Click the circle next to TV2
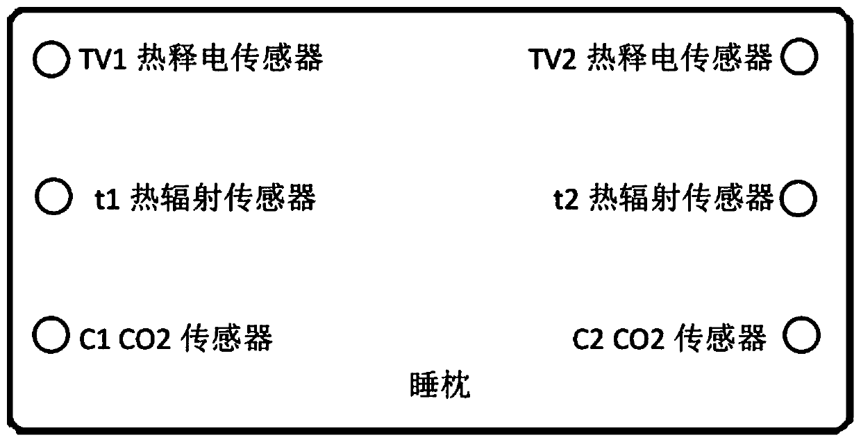coord(799,57)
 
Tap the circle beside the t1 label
coord(53,196)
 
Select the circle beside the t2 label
coord(798,199)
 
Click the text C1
coord(91,339)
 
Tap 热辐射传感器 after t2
coord(680,200)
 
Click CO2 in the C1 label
coord(144,339)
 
